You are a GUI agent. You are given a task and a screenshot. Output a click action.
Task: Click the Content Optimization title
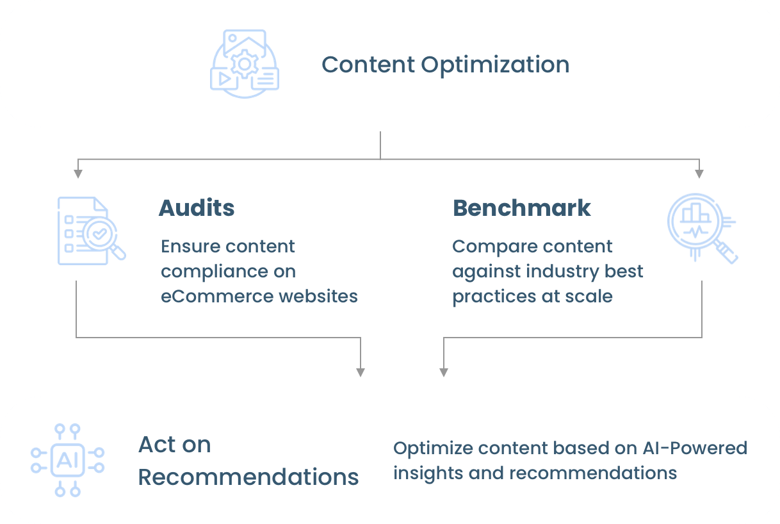coord(445,65)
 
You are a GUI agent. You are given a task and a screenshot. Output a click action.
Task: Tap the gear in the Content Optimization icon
coord(245,64)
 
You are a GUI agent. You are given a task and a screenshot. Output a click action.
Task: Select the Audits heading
coord(197,208)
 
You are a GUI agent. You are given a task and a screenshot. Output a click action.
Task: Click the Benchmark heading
coord(522,208)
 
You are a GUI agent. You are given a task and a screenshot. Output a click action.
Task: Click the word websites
coord(318,296)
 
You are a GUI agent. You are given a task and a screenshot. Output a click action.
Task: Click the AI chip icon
coord(67,460)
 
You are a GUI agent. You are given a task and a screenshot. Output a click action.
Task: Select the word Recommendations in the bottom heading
coord(248,477)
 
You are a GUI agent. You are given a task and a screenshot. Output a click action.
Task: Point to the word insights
coord(428,473)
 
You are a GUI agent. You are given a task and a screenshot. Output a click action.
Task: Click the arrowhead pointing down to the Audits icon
coord(78,174)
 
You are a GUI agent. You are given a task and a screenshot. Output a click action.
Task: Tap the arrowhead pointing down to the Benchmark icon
coord(699,174)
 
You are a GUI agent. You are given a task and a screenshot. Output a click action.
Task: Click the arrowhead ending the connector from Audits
coord(361,372)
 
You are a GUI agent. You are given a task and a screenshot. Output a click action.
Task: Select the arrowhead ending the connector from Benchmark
coord(444,372)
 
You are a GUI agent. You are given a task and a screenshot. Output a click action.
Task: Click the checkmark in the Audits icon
coord(100,233)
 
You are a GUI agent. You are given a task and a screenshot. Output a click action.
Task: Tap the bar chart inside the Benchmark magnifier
coord(695,213)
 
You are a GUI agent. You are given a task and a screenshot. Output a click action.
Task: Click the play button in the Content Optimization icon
coord(225,79)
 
